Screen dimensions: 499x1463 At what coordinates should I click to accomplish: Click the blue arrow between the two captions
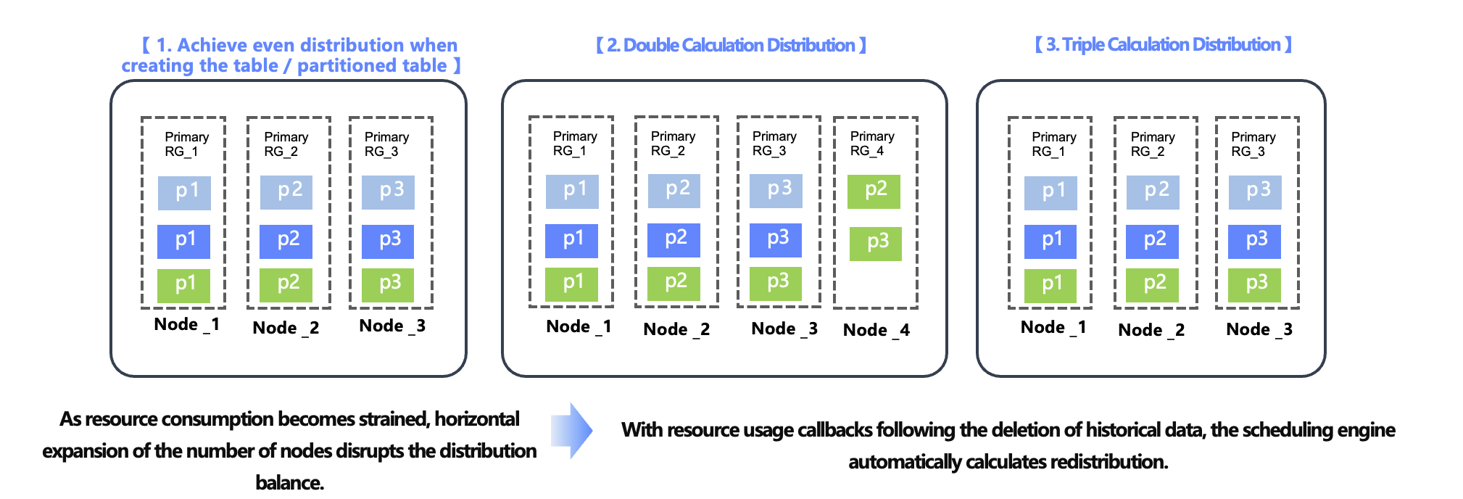(572, 431)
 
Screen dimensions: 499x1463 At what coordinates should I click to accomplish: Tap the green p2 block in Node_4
(874, 191)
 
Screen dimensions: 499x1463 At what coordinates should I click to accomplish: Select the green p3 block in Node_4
(876, 243)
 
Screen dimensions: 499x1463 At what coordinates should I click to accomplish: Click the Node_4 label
(876, 330)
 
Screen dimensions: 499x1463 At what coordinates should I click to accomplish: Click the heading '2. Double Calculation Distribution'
(731, 45)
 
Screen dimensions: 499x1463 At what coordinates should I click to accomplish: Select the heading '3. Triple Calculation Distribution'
(1163, 44)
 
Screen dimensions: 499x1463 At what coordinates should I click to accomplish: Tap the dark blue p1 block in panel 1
(184, 241)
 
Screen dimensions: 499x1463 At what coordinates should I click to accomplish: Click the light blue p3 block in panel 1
(389, 191)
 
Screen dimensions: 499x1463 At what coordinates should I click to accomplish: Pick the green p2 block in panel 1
(286, 284)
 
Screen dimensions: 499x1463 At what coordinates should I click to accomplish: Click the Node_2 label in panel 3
(1151, 330)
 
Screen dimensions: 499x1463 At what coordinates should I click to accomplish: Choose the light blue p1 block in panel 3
(1050, 192)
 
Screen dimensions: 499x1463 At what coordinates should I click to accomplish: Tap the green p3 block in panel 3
(1254, 284)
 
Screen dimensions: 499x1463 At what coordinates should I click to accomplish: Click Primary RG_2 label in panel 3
(1152, 144)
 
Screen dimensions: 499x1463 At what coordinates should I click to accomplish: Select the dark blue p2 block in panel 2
(674, 239)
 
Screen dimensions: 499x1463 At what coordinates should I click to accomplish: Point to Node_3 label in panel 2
(784, 329)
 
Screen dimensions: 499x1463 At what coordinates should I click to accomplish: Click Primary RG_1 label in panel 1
(186, 144)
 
